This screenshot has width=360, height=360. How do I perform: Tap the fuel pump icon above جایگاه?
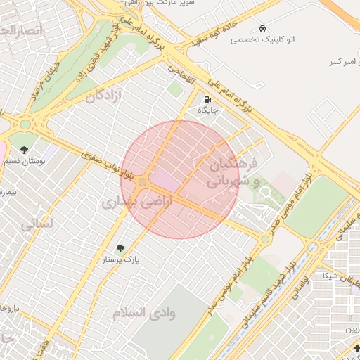pyautogui.click(x=207, y=99)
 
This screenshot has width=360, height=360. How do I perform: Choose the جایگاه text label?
pyautogui.click(x=208, y=110)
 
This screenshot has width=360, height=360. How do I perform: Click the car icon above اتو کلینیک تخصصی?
pyautogui.click(x=262, y=29)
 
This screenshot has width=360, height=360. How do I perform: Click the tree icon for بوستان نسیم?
pyautogui.click(x=25, y=150)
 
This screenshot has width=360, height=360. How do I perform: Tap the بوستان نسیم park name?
pyautogui.click(x=29, y=162)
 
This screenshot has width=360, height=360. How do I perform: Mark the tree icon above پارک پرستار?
pyautogui.click(x=120, y=248)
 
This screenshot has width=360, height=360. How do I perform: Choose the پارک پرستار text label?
pyautogui.click(x=124, y=259)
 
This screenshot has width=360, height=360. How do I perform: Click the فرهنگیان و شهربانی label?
pyautogui.click(x=233, y=172)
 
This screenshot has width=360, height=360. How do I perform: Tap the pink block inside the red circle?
pyautogui.click(x=163, y=181)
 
